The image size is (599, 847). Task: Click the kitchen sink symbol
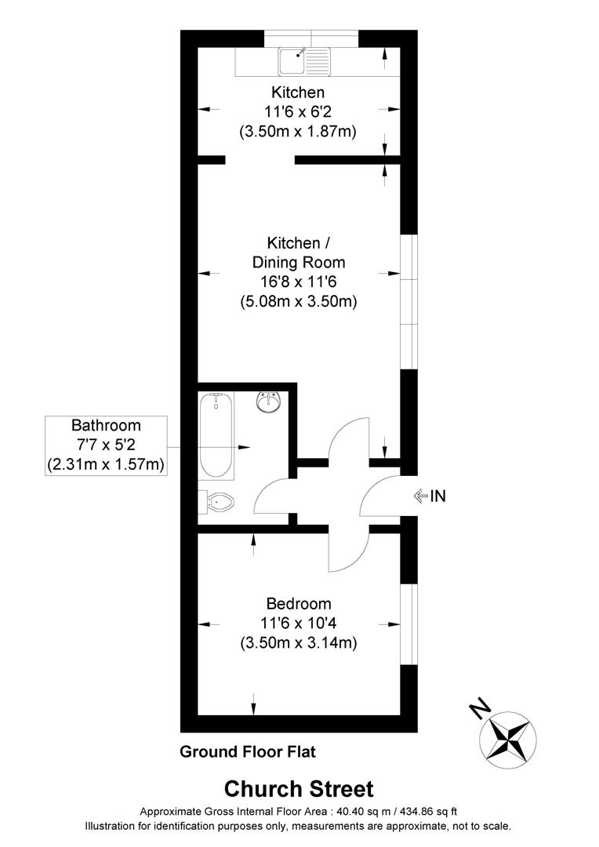click(305, 59)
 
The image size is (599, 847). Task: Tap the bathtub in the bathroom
click(216, 436)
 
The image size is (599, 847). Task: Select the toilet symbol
click(219, 502)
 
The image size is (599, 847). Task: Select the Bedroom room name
click(298, 604)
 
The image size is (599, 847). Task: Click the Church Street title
click(299, 788)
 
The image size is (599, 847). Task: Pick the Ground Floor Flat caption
click(248, 752)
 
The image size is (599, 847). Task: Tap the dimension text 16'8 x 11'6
click(298, 281)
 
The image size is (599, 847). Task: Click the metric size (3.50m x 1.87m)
click(298, 132)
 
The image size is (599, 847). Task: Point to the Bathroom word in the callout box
click(106, 426)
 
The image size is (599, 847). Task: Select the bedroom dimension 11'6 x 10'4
click(298, 623)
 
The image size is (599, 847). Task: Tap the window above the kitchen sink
click(311, 38)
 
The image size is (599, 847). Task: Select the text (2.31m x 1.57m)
click(106, 464)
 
